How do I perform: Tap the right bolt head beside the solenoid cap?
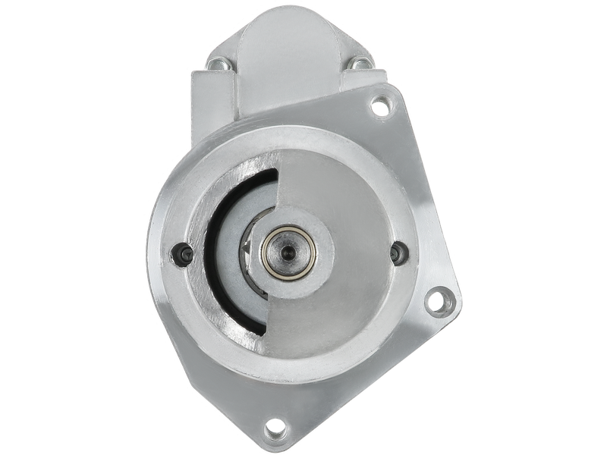coord(357,66)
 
